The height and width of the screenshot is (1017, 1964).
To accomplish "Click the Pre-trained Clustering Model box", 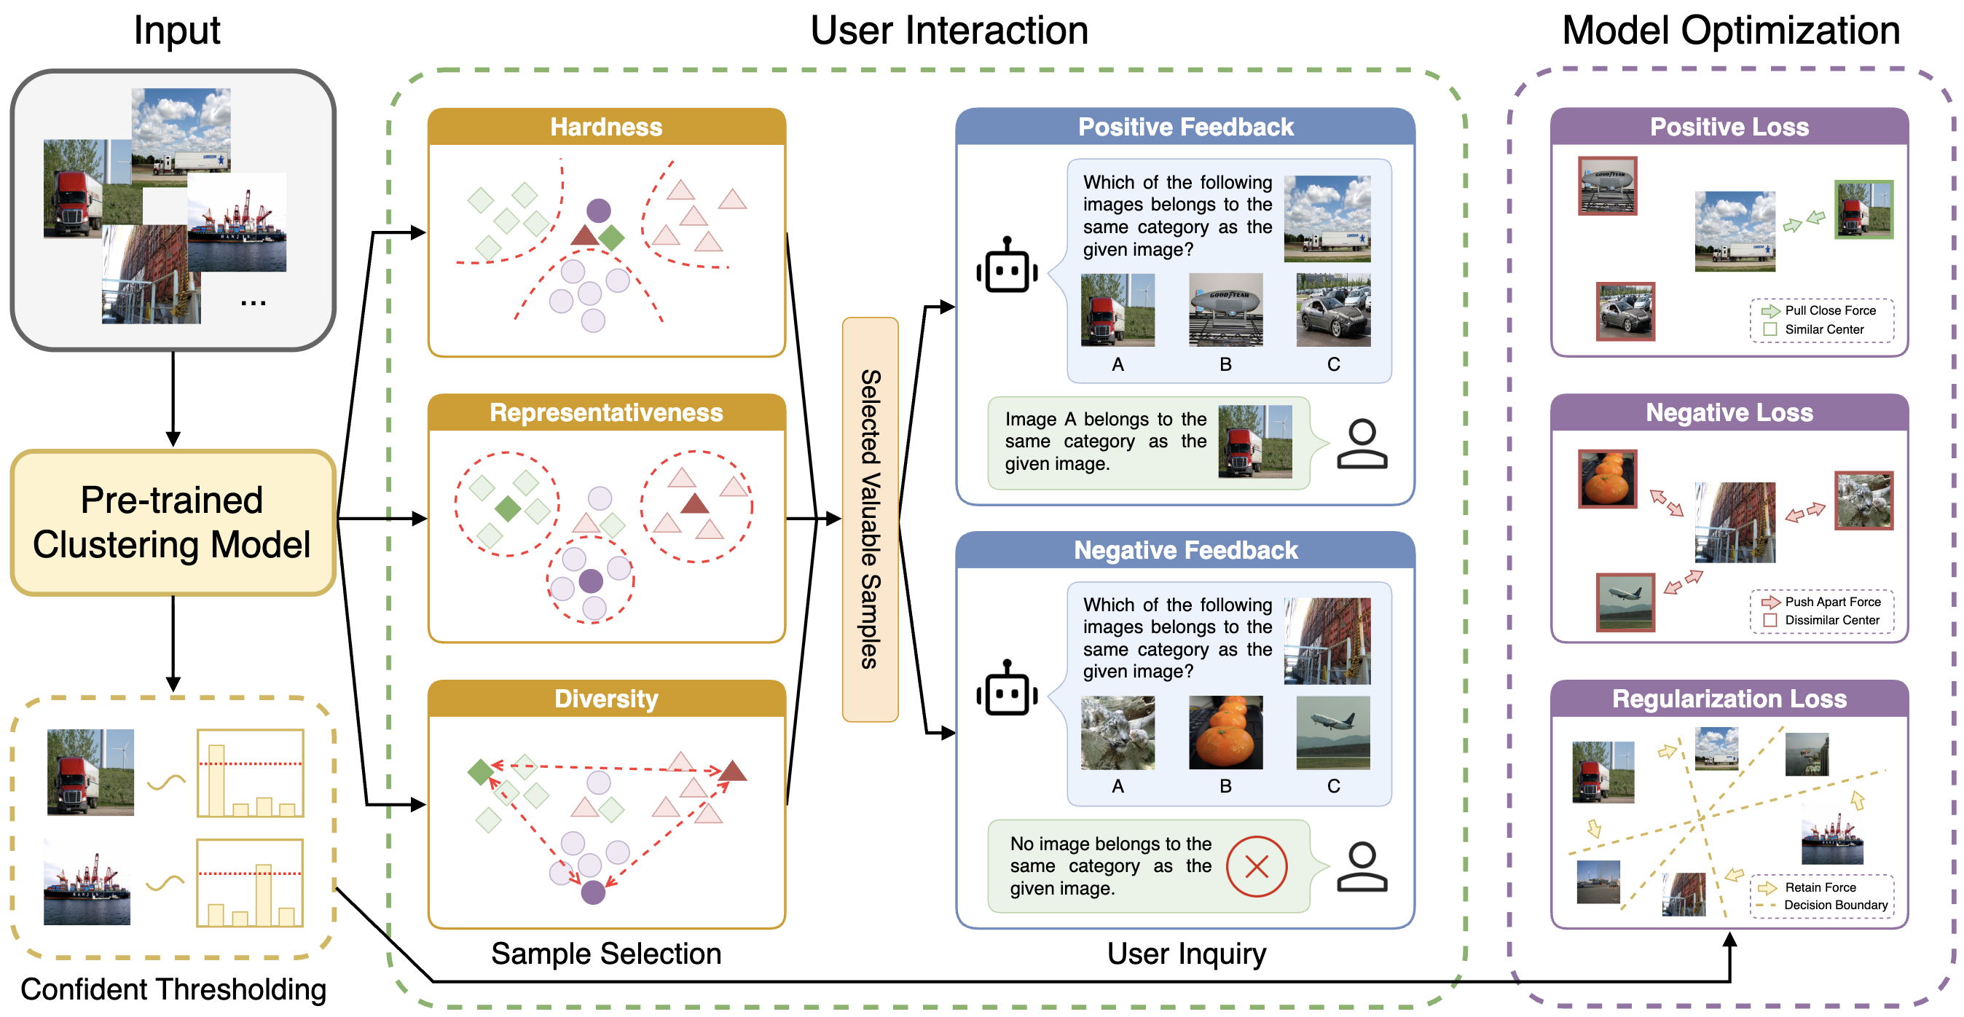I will click(x=173, y=522).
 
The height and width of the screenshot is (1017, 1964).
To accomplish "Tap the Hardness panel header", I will click(x=606, y=127).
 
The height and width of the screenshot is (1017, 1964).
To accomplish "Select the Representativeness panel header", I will click(x=606, y=412).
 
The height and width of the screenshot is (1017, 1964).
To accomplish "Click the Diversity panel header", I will click(x=606, y=699).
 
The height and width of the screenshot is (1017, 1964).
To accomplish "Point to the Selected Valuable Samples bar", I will click(x=870, y=519).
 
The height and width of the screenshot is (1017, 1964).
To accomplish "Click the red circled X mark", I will click(x=1257, y=866).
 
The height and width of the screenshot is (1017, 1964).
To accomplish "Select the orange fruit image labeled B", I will click(x=1225, y=732).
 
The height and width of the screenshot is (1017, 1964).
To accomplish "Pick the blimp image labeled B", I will click(x=1225, y=310).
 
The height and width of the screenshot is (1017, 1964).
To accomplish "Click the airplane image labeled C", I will click(x=1332, y=732).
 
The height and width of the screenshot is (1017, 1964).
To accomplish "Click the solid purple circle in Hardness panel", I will click(x=599, y=210).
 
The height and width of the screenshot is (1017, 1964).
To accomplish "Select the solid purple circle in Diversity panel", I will click(x=593, y=892).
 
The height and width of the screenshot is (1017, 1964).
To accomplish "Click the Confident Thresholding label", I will click(x=173, y=989).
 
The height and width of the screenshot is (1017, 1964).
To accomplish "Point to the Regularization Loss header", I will click(x=1729, y=699).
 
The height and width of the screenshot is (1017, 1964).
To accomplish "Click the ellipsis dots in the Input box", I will click(x=253, y=303).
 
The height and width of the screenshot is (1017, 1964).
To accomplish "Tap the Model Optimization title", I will click(x=1731, y=31).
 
